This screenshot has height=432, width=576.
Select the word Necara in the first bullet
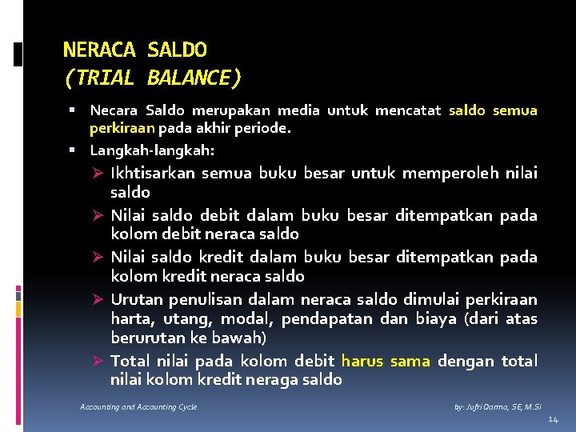114,110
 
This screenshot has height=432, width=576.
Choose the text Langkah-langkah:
152,150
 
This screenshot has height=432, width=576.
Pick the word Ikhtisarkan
153,173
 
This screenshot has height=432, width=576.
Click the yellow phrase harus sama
386,361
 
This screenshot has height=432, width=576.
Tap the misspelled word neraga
274,380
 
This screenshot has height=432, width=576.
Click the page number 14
554,420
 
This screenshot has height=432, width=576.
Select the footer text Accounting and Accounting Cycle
138,407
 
